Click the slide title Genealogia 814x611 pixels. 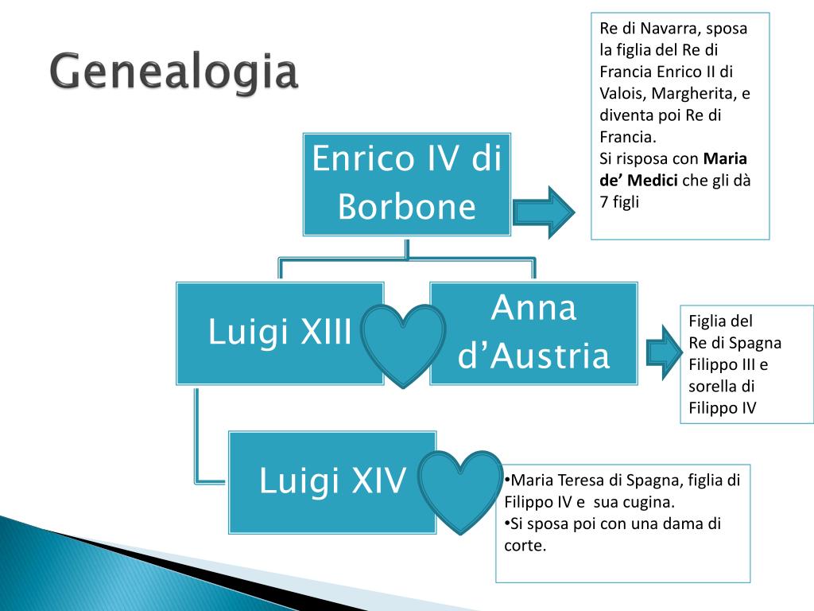[174, 73]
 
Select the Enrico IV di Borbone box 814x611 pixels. [406, 184]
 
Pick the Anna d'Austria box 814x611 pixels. [533, 333]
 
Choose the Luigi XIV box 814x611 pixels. [332, 481]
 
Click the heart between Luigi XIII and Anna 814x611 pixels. [403, 344]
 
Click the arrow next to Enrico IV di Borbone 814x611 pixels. [543, 211]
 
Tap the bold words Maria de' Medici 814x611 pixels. [674, 169]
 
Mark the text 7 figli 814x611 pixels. [619, 202]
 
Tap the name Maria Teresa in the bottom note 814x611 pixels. [555, 481]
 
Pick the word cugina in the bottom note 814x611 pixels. [653, 502]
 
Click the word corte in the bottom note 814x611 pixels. [525, 546]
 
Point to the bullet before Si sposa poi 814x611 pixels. [506, 523]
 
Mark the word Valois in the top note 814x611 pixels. [622, 94]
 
